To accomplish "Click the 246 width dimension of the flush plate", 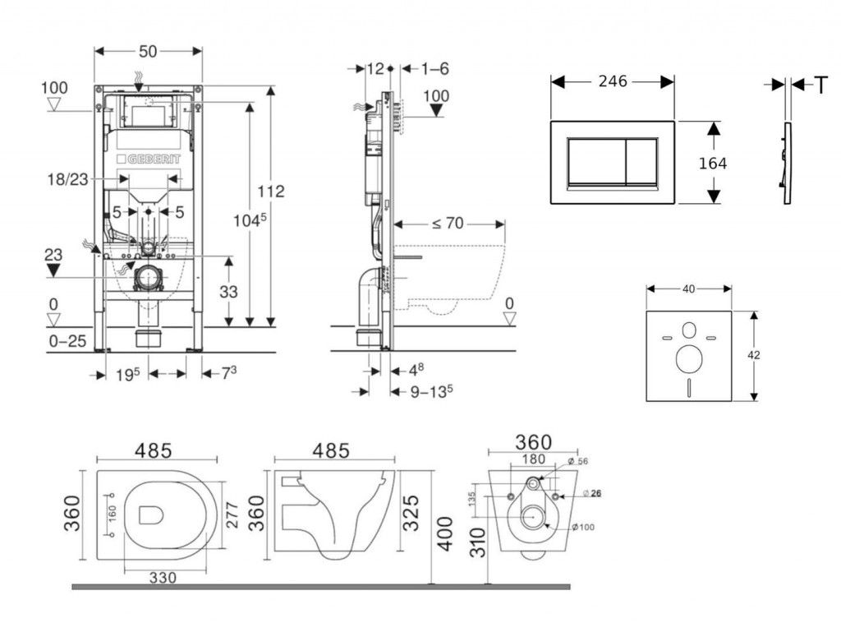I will [613, 81].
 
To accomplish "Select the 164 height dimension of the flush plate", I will [713, 164].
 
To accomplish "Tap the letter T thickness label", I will [820, 85].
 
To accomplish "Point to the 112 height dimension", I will [270, 191].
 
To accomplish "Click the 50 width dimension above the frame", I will [148, 51].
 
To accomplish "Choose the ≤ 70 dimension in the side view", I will [449, 222].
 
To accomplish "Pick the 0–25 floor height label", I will [67, 340].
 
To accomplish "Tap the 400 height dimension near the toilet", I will [444, 535].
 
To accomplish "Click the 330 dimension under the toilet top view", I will [163, 579].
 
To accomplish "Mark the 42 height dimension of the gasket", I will [755, 355].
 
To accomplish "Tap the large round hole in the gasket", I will [688, 360].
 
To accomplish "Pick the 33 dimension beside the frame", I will [228, 291].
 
